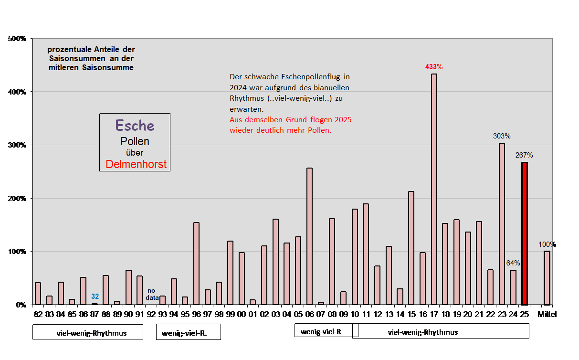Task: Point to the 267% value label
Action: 524,155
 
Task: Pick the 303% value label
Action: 502,136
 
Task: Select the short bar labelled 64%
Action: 513,287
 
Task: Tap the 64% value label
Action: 513,263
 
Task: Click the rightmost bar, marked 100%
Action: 547,277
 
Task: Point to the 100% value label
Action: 547,244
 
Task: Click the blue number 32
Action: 95,296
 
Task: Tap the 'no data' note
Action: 152,294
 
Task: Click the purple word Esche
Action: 135,126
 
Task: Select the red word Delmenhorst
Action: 136,165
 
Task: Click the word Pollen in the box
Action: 135,141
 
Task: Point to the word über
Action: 135,153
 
